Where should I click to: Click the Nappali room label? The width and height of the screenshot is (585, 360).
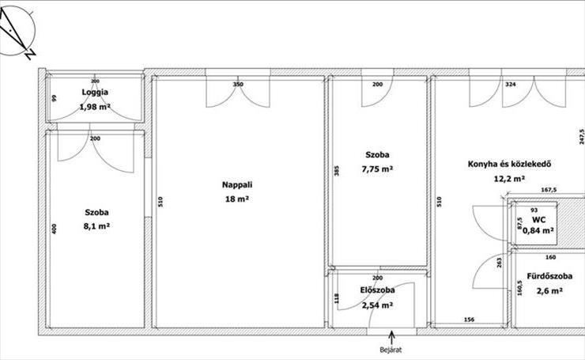click(237, 184)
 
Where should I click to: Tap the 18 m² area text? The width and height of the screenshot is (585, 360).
click(237, 199)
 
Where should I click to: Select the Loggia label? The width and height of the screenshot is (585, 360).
click(95, 93)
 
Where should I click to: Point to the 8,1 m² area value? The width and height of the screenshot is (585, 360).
click(96, 226)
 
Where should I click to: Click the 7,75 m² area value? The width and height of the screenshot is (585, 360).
click(377, 169)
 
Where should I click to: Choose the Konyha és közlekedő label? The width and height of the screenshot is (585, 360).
click(510, 164)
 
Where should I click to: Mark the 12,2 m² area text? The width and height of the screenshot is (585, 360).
click(510, 179)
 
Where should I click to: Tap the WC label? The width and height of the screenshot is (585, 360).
click(538, 220)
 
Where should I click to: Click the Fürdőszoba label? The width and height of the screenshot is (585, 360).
click(549, 276)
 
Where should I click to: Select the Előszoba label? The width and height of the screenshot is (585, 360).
click(378, 290)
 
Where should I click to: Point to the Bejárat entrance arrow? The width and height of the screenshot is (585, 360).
click(391, 338)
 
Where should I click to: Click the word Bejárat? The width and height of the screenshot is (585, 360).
click(391, 350)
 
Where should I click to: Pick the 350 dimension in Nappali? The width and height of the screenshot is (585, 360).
click(238, 85)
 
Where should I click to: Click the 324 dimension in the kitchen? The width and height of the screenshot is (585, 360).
click(511, 85)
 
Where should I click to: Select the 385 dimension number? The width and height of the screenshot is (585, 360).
click(337, 171)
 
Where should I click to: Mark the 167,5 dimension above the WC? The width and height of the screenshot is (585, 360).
click(549, 190)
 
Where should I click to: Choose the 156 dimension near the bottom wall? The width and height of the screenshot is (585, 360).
click(469, 320)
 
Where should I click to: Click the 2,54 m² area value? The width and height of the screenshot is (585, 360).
click(377, 305)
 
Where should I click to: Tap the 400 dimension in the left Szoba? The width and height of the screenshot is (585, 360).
click(54, 229)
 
